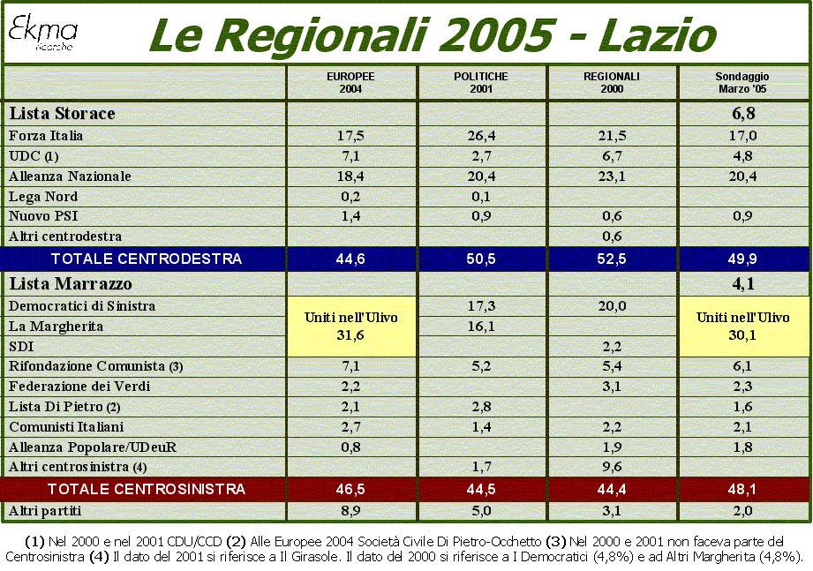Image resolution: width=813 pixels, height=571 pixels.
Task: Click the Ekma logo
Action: click(42, 34)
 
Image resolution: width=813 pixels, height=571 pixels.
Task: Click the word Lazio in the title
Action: click(657, 35)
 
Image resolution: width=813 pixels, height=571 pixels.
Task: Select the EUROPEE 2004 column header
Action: click(350, 82)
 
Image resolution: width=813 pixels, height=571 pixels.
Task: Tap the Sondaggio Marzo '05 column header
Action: click(742, 82)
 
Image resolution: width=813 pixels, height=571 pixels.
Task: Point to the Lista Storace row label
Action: click(62, 113)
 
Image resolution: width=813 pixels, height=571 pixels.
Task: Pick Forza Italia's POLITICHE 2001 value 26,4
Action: click(481, 136)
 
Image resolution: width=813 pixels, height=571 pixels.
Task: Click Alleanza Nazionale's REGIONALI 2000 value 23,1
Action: click(612, 177)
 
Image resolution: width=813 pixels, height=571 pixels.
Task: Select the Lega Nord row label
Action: click(43, 197)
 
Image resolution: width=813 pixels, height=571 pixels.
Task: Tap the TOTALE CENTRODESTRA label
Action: click(147, 259)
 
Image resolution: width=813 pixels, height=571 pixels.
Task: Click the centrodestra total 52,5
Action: click(612, 259)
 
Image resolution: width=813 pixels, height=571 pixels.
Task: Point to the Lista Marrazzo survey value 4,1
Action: click(743, 284)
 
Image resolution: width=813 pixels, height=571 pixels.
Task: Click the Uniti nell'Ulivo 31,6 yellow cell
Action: click(351, 327)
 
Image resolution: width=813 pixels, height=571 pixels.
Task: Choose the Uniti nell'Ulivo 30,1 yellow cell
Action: click(744, 327)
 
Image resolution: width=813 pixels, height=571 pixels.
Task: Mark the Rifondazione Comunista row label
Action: click(96, 366)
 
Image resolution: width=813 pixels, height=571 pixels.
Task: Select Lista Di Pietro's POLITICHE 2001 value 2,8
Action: click(481, 407)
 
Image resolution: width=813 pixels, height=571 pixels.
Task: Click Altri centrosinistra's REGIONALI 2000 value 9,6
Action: click(612, 467)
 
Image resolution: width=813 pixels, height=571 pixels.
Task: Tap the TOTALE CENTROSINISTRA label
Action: click(147, 489)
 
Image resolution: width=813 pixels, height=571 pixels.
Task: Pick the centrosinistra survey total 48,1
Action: click(742, 489)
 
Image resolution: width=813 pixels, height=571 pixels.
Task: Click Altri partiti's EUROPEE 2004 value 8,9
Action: click(350, 511)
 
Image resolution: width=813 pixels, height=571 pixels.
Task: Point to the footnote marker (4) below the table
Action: click(99, 558)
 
